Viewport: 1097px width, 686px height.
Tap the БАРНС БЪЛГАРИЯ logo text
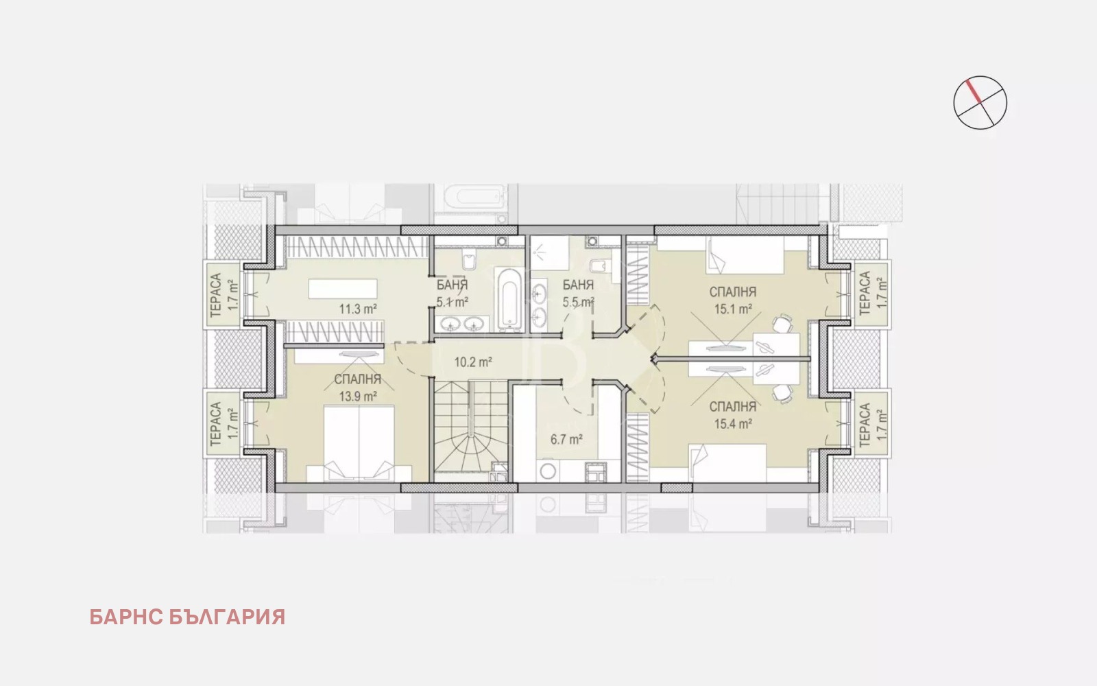pos(187,617)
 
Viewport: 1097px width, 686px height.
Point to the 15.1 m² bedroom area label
pos(733,309)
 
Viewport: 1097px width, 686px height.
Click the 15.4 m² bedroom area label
pos(733,424)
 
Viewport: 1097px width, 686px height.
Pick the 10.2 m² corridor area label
pos(473,362)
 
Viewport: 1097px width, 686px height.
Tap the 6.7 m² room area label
pos(566,440)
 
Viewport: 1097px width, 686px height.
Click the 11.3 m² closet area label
pos(358,309)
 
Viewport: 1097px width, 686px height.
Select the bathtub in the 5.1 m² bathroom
pos(509,299)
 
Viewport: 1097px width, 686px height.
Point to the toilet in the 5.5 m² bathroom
pos(599,266)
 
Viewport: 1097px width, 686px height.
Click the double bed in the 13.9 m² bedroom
pos(359,443)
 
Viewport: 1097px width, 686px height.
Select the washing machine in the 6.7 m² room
pos(548,471)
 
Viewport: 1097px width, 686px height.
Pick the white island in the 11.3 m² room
pos(343,289)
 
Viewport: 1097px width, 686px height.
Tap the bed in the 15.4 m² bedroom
pos(727,463)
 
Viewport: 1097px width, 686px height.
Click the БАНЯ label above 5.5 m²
pos(578,285)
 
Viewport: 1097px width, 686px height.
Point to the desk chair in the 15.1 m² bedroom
pos(782,323)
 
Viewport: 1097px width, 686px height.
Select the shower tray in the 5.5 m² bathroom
pos(549,253)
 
